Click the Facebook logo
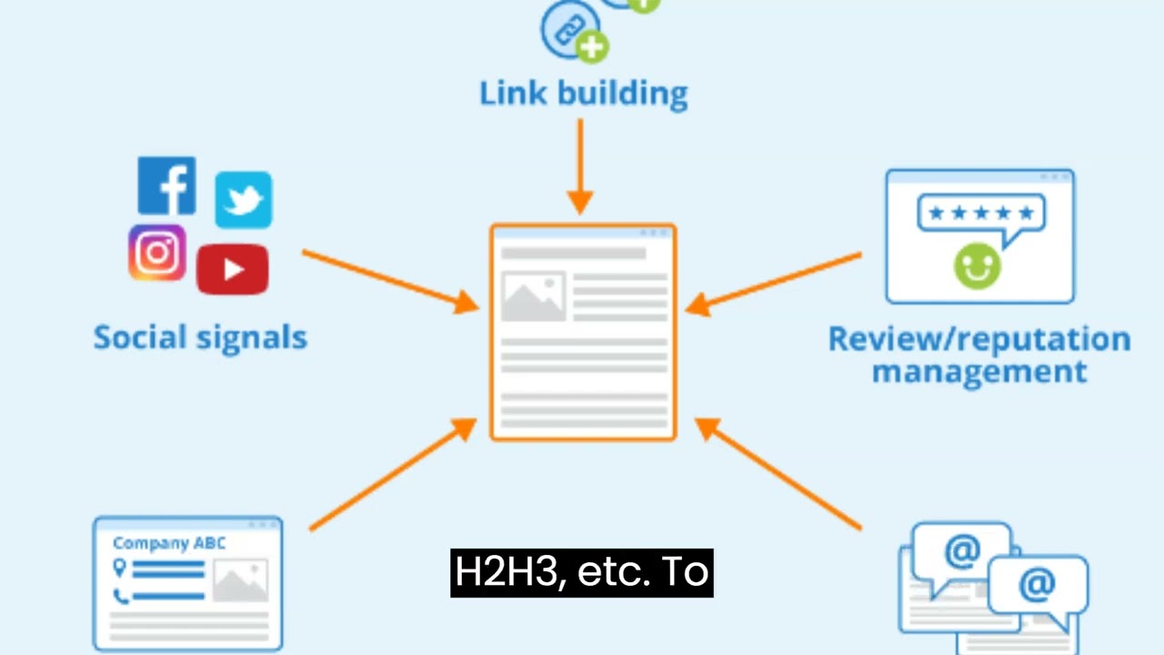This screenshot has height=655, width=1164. click(x=166, y=186)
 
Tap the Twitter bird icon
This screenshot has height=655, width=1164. click(x=243, y=199)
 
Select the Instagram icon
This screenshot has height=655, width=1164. click(x=157, y=252)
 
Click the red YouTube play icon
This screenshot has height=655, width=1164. click(x=232, y=269)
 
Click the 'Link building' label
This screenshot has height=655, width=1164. click(x=583, y=93)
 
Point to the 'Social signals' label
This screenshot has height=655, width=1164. click(x=200, y=338)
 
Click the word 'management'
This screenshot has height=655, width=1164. click(x=979, y=371)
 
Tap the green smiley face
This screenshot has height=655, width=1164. click(x=977, y=266)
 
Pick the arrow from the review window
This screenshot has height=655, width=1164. click(x=773, y=282)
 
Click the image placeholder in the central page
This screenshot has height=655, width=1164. click(x=533, y=296)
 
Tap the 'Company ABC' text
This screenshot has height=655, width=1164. click(x=169, y=544)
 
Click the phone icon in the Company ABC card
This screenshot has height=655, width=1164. click(x=120, y=597)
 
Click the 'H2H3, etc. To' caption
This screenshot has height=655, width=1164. click(x=582, y=573)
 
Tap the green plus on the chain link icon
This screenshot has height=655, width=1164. click(x=592, y=46)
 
